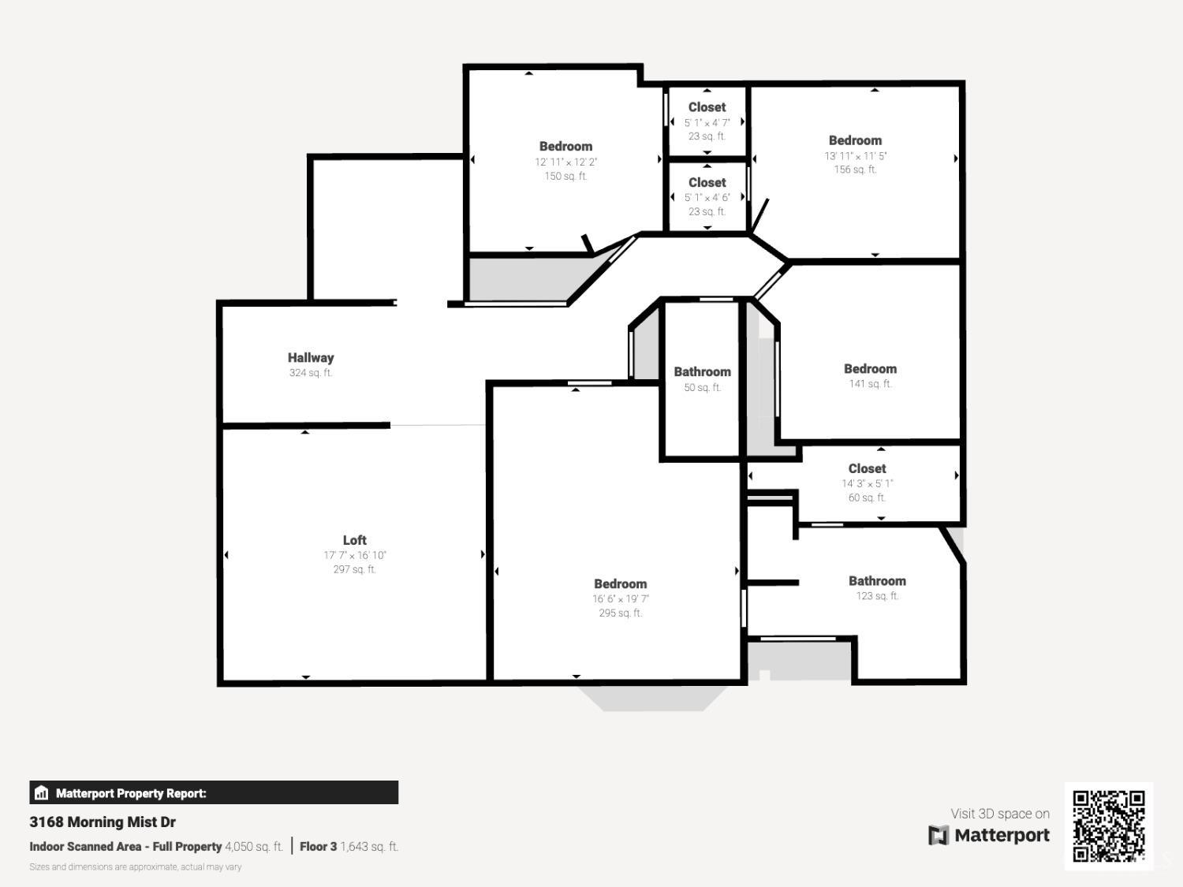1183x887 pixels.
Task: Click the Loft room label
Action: tap(354, 540)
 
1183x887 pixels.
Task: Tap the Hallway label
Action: tap(311, 358)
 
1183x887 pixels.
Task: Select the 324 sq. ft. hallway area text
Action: tap(311, 373)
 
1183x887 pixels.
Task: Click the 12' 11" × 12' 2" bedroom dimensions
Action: tap(565, 162)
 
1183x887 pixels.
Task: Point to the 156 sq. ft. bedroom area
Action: tap(855, 170)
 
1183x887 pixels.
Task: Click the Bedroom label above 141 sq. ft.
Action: tap(870, 369)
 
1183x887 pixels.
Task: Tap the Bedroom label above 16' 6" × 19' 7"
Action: tap(620, 584)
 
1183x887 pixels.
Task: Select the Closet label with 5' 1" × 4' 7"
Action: tap(707, 107)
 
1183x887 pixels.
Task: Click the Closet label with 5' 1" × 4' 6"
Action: tap(707, 182)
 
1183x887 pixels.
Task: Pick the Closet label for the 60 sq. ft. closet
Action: tap(867, 468)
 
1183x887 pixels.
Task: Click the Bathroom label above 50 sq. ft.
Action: tap(702, 372)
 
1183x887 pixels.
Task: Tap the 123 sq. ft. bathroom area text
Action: tap(877, 596)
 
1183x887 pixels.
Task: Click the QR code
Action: tap(1108, 826)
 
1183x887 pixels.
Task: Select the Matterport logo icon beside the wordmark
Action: tap(938, 835)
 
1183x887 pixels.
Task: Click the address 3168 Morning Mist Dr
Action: tap(103, 822)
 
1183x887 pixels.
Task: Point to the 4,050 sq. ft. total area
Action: tap(253, 847)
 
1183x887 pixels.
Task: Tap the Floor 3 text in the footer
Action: tap(318, 847)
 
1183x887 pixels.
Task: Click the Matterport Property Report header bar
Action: tap(214, 793)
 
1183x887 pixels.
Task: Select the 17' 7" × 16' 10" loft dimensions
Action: tap(354, 555)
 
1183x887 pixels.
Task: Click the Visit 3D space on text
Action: tap(999, 814)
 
